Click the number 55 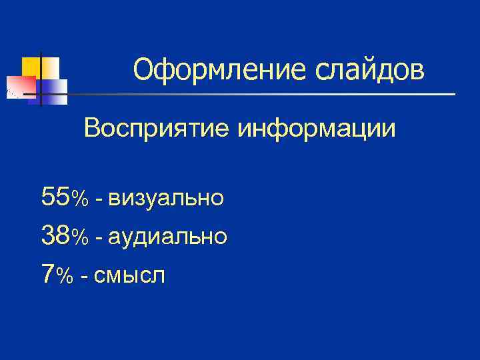[x=55, y=197]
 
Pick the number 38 [x=55, y=235]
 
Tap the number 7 [x=47, y=273]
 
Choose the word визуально [x=166, y=198]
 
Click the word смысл [x=129, y=274]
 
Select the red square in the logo [x=19, y=87]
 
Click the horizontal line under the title [x=267, y=95]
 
